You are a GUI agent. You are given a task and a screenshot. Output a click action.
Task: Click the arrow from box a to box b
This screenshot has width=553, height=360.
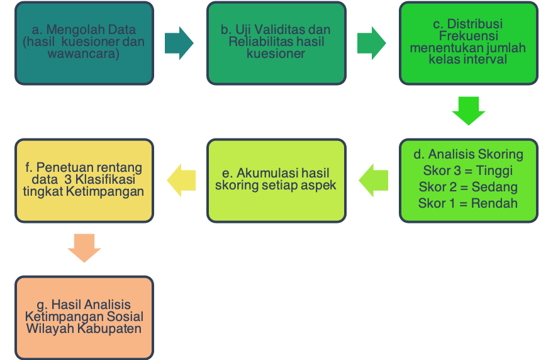[x=179, y=43]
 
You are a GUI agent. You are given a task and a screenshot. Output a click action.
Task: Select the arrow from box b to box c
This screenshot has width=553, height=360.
[x=371, y=43]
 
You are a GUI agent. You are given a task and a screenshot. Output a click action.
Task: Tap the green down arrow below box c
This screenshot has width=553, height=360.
[x=469, y=111]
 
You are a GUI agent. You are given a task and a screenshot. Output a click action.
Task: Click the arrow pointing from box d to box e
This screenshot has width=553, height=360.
[x=374, y=181]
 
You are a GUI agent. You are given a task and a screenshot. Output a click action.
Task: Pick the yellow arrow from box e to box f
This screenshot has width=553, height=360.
[x=181, y=181]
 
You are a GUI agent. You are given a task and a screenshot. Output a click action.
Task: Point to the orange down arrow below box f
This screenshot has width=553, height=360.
[x=84, y=248]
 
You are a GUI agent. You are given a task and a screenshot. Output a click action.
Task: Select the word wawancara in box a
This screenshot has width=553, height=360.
[x=84, y=54]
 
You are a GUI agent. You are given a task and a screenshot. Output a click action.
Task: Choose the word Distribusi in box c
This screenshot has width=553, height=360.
[x=477, y=24]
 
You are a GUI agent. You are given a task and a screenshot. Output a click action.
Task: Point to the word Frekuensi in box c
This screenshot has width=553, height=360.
[x=468, y=36]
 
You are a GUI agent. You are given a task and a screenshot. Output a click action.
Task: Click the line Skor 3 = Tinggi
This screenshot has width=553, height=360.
[x=468, y=171]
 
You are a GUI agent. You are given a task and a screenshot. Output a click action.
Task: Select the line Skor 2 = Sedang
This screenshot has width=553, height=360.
[x=468, y=187]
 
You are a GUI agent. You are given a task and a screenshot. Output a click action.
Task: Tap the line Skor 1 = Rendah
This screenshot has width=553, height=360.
[x=468, y=203]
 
